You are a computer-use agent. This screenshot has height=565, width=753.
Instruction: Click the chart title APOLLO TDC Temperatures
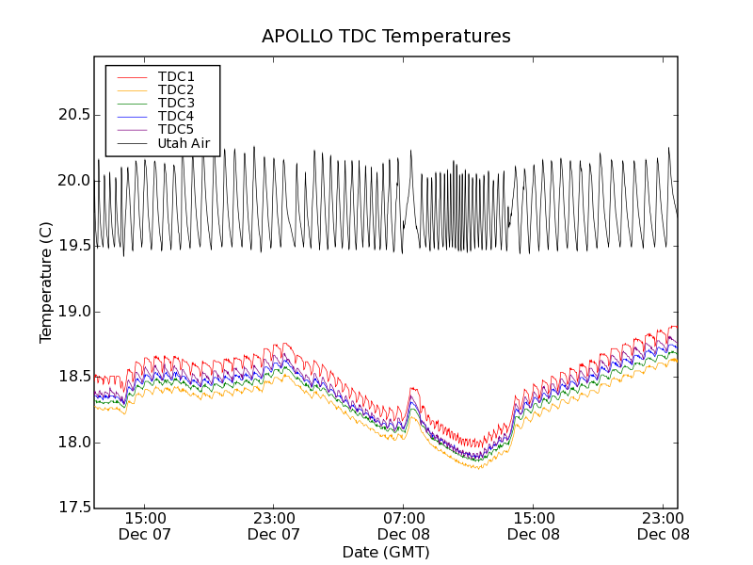coord(386,37)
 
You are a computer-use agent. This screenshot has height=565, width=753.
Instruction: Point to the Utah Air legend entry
coord(184,144)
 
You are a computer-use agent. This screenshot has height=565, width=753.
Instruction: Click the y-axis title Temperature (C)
coord(46,282)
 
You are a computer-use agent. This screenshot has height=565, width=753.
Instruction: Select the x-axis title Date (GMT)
coord(386,552)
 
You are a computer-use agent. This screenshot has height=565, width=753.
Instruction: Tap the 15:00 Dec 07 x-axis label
coord(145,525)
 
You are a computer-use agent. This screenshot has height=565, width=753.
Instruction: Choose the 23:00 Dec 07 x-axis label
coord(274,525)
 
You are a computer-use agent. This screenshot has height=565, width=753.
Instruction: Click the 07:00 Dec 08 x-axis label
coord(403,525)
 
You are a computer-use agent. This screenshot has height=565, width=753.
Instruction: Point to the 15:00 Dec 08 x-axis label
coord(533,525)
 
